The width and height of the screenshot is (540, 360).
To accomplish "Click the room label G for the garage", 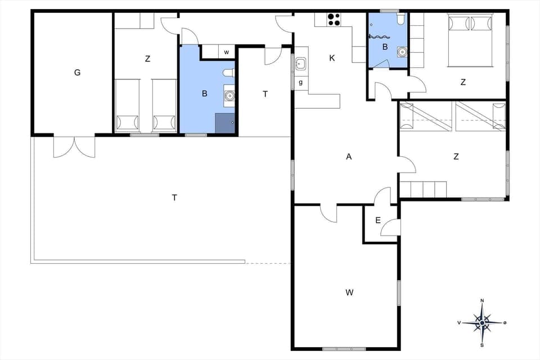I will pyautogui.click(x=77, y=73).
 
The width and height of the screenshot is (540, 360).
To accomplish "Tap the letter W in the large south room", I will pyautogui.click(x=349, y=292).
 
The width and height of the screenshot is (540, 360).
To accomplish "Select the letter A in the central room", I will pyautogui.click(x=349, y=157).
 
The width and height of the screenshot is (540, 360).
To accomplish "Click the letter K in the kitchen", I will pyautogui.click(x=332, y=58).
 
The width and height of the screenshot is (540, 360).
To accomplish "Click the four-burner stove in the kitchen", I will pyautogui.click(x=334, y=20).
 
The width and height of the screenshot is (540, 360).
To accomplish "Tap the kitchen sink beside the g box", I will pyautogui.click(x=300, y=64).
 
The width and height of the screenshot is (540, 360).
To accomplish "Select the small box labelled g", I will pyautogui.click(x=300, y=82).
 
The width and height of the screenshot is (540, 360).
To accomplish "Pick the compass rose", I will pyautogui.click(x=482, y=323).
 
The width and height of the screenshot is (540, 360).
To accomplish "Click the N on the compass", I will pyautogui.click(x=482, y=301).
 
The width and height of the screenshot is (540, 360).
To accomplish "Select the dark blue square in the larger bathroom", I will pyautogui.click(x=224, y=123).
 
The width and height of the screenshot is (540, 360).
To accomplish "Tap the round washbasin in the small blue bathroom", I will pyautogui.click(x=401, y=52).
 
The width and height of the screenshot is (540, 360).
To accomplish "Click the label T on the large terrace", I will pyautogui.click(x=174, y=197).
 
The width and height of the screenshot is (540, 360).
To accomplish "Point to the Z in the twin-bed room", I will pyautogui.click(x=147, y=58).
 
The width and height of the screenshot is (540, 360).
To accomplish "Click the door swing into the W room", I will pyautogui.click(x=328, y=213).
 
